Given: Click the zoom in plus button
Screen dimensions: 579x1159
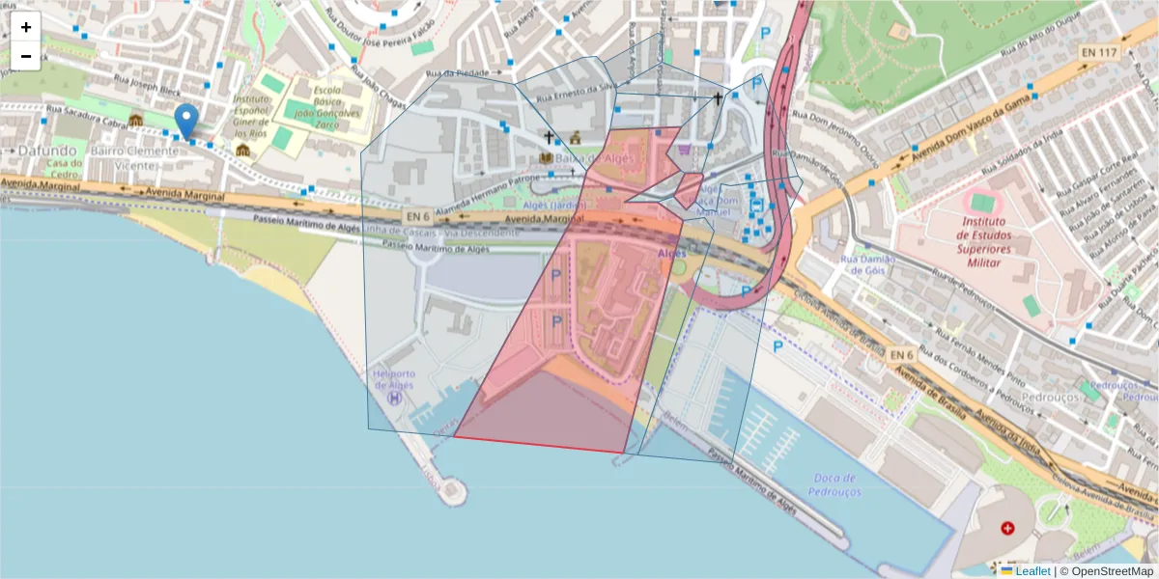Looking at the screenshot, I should [26, 27].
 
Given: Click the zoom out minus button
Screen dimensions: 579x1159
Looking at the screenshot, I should [26, 56].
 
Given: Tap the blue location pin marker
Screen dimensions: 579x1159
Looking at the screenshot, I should [186, 122].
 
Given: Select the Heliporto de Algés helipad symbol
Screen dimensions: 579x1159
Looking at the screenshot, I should [394, 397].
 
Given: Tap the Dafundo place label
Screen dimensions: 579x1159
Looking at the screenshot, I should [45, 151].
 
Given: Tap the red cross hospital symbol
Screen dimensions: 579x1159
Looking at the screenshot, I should [1008, 528].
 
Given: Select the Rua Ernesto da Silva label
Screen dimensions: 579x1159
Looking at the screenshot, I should [577, 92].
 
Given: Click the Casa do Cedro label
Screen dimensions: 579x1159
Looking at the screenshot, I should [60, 169].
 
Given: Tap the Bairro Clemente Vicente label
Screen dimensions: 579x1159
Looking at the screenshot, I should [126, 158].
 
